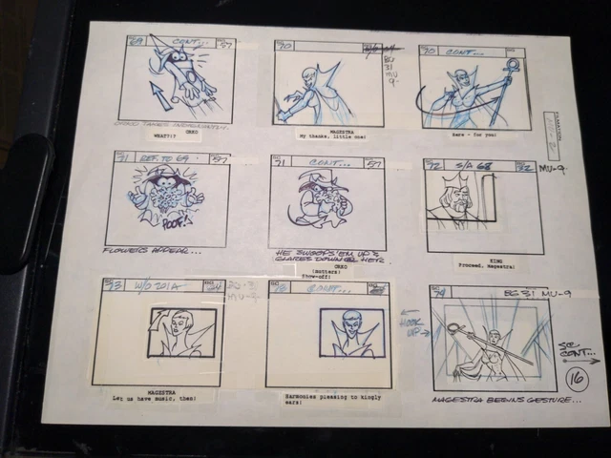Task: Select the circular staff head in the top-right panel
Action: click(x=514, y=66)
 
